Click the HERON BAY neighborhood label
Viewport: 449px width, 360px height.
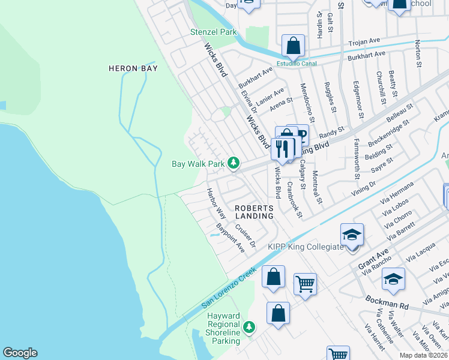pyautogui.click(x=133, y=68)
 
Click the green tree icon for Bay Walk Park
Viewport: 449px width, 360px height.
pyautogui.click(x=234, y=163)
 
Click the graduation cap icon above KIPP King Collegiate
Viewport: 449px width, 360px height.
pyautogui.click(x=352, y=234)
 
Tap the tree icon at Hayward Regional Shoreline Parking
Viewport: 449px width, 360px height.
pyautogui.click(x=249, y=328)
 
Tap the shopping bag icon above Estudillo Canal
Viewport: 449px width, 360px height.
pyautogui.click(x=293, y=45)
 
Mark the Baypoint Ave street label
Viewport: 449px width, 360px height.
pyautogui.click(x=231, y=238)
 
